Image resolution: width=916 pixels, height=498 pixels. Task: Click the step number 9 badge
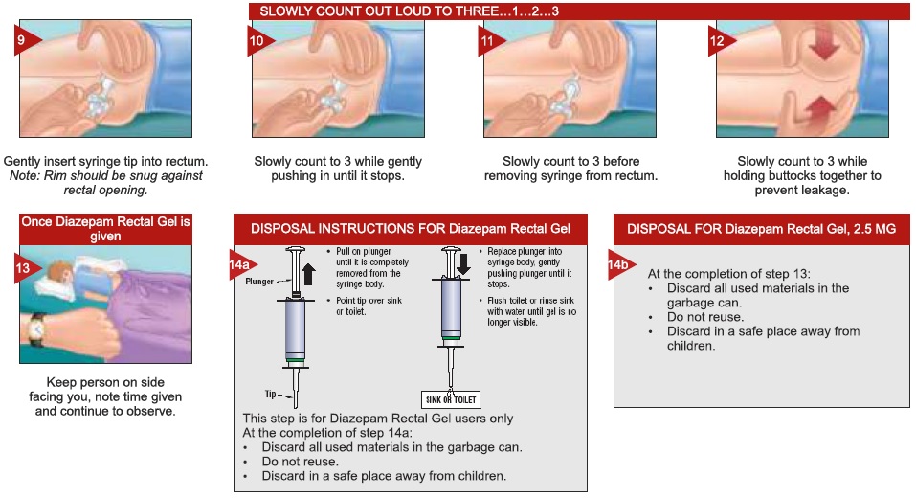tap(26, 40)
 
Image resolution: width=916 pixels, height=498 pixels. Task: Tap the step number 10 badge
tap(258, 40)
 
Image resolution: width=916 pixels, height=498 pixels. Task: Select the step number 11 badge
tap(489, 40)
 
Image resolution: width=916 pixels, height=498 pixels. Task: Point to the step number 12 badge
tap(721, 40)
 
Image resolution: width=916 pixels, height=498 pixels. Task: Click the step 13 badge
tap(26, 268)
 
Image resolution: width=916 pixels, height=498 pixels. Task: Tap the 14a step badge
tap(241, 264)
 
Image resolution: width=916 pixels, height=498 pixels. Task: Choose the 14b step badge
tap(620, 264)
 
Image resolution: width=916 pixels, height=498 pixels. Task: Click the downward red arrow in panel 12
tap(824, 43)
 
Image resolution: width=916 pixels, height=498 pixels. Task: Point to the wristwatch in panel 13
tap(36, 330)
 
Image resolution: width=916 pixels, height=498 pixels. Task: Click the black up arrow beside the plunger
tap(309, 274)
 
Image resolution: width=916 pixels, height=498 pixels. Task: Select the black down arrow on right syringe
tap(463, 263)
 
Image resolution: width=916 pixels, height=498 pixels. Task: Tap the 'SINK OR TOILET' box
tap(451, 399)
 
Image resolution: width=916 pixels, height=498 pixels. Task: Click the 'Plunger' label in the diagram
tap(259, 282)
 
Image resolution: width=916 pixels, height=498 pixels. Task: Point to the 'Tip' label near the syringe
tap(271, 394)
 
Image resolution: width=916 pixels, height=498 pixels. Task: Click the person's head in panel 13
tap(58, 272)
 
